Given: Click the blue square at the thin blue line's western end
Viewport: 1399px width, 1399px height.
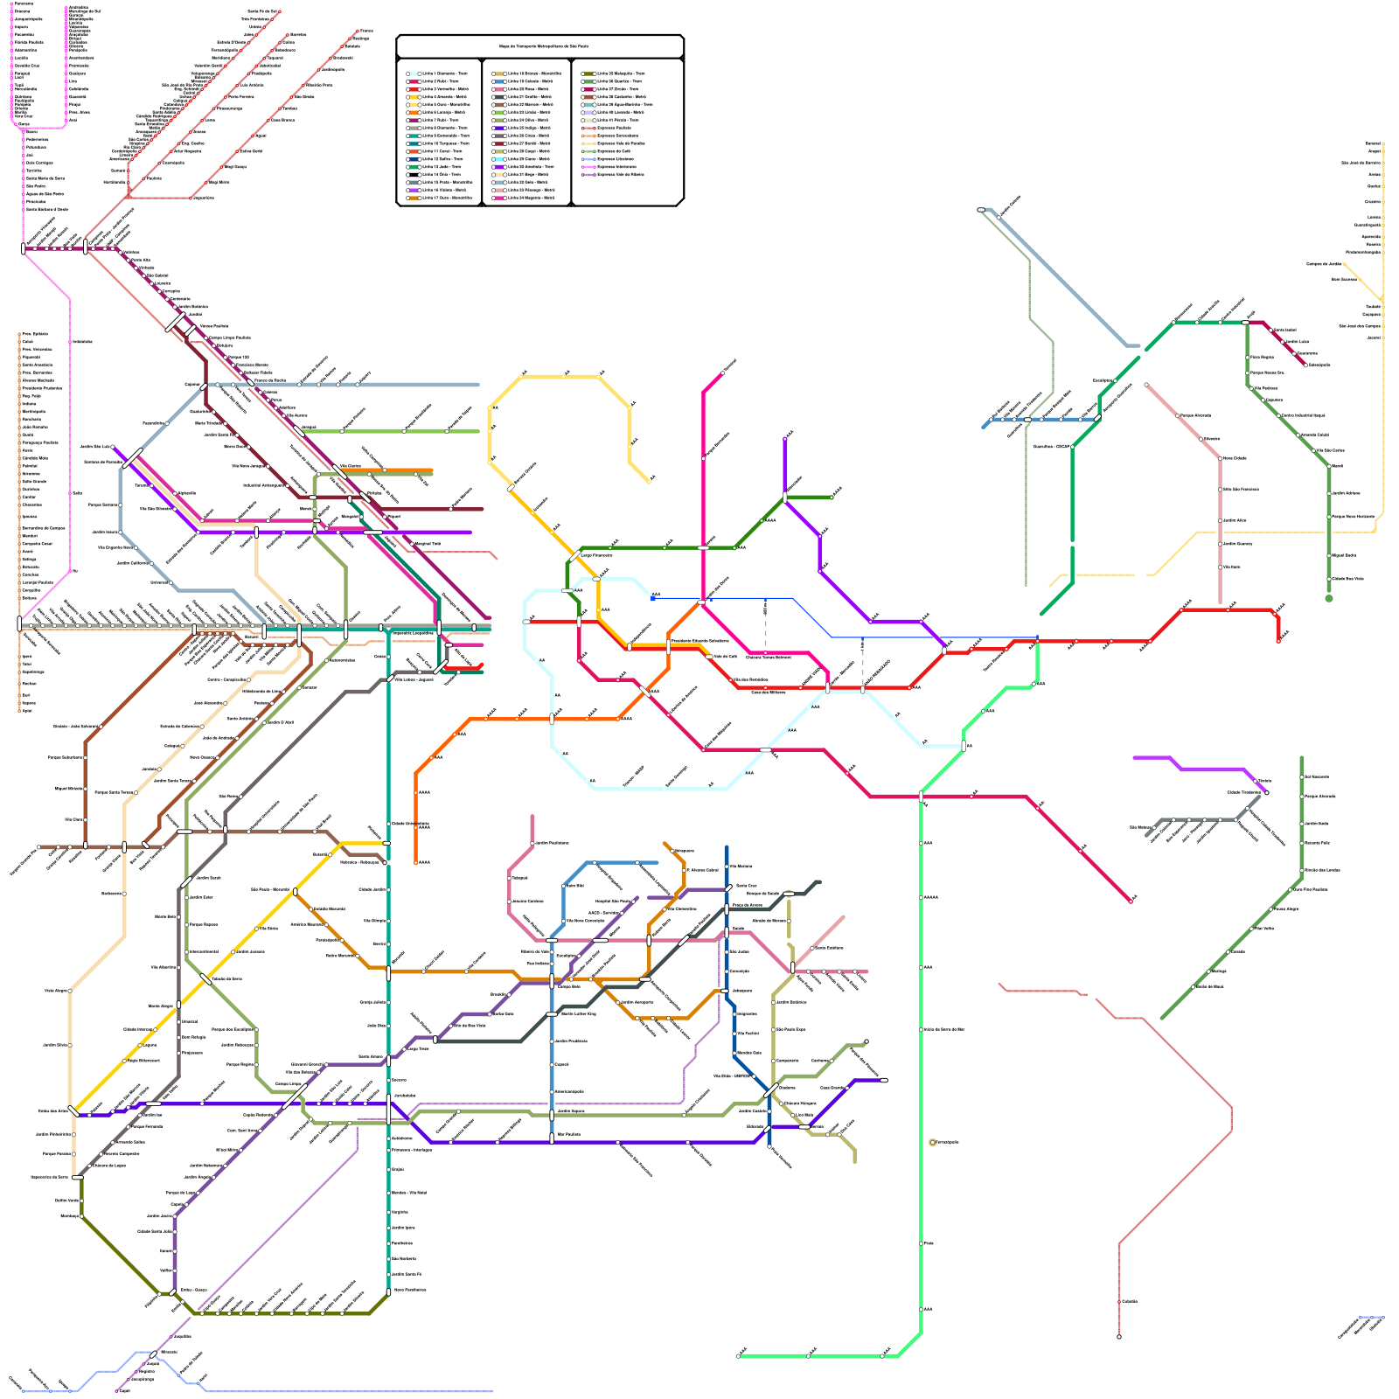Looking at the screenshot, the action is point(653,599).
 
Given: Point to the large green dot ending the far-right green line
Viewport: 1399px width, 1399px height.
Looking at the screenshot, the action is point(1329,599).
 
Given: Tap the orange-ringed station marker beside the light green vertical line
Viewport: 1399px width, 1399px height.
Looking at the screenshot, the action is point(933,1143).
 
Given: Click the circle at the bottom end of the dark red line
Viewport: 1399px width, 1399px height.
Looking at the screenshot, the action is point(1119,1336).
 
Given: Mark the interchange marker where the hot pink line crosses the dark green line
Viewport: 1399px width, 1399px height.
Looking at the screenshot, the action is point(703,548).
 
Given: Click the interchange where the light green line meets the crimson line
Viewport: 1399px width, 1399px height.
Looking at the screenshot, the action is point(921,796).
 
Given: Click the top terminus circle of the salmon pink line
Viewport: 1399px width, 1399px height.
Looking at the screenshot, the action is point(1146,385).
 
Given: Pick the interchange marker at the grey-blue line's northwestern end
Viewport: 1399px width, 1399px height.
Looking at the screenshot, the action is point(981,210).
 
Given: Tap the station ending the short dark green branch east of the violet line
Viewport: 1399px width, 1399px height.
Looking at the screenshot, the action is point(832,498).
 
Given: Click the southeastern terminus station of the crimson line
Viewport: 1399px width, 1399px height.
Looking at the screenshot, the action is point(1131,901).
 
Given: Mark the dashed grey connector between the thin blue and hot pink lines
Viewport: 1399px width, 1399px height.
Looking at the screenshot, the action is point(766,623).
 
